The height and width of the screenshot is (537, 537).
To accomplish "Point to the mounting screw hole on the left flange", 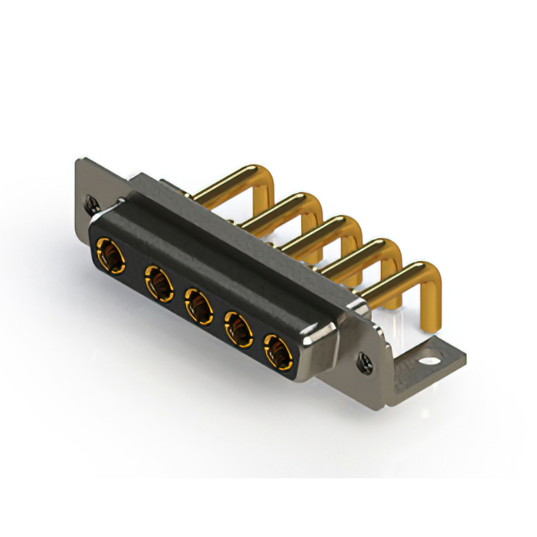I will [x=91, y=201].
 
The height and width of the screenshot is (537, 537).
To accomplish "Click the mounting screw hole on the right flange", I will [x=367, y=362].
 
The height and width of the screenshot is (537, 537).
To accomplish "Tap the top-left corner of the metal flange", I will [x=80, y=162].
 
